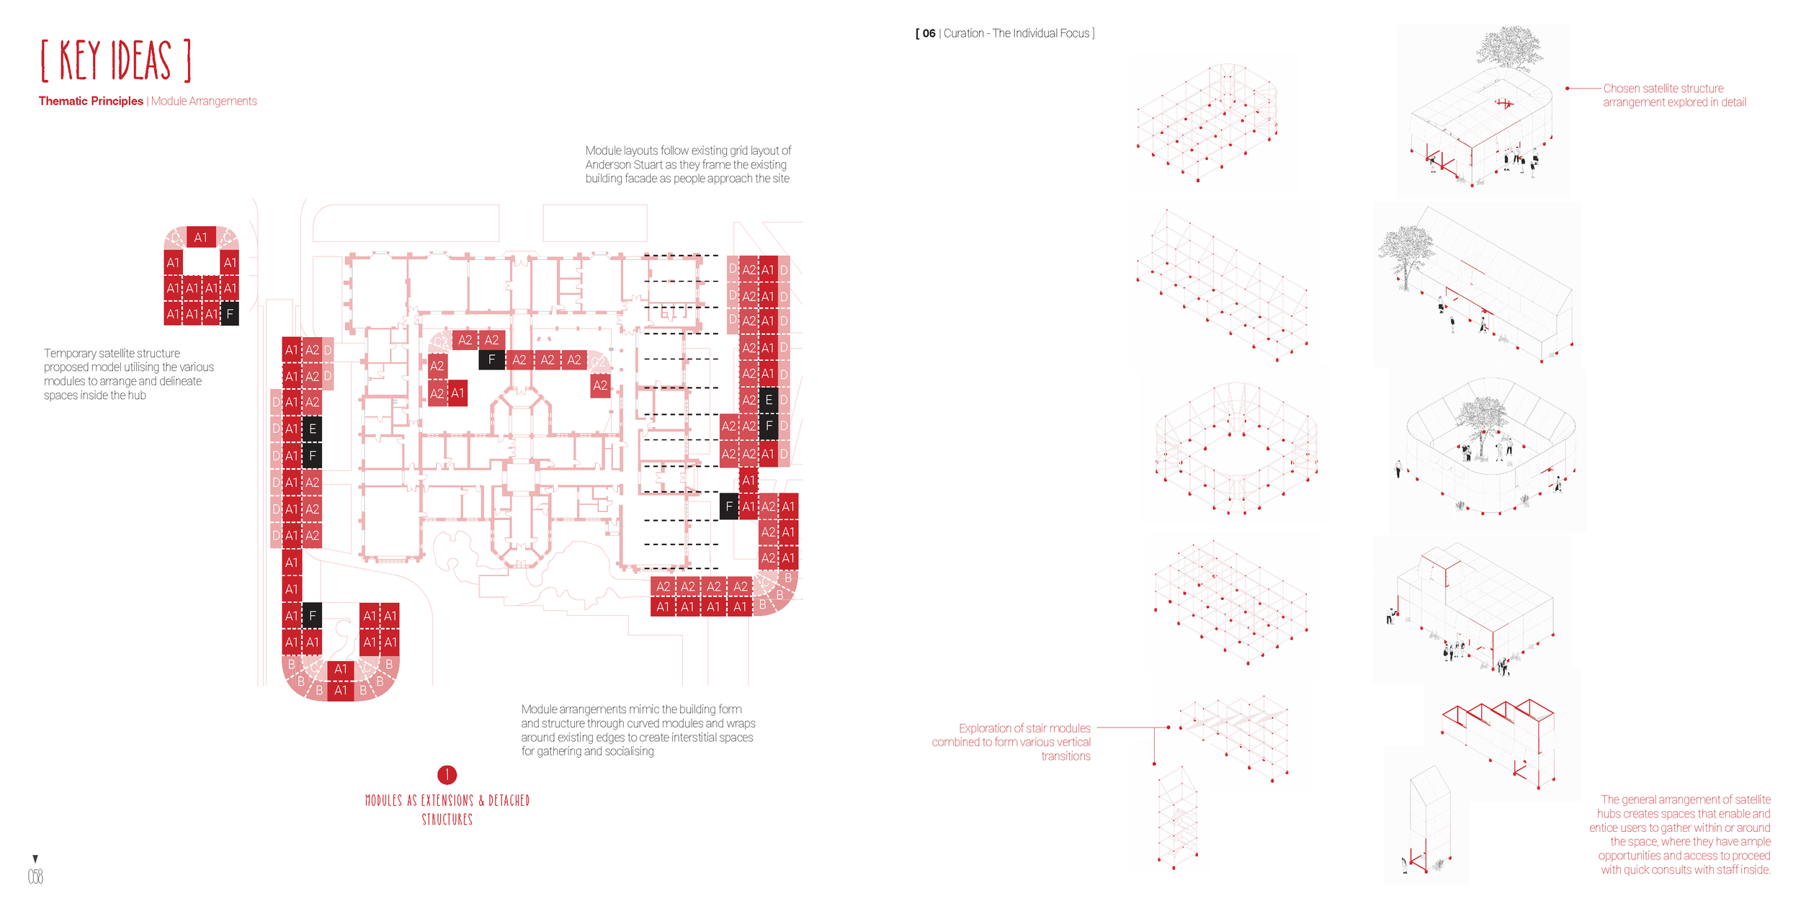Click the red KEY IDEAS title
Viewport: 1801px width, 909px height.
pos(116,61)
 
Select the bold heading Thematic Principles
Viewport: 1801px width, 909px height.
pos(91,102)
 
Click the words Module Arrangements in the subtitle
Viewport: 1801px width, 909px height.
pos(204,102)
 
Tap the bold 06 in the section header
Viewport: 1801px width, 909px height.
pos(929,34)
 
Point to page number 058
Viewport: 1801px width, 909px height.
pos(35,877)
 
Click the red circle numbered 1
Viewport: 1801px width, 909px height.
pos(447,775)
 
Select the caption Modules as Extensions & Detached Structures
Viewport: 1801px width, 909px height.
pos(447,810)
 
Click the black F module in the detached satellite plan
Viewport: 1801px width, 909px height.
pos(230,314)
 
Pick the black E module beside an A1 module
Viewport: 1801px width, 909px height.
pos(312,429)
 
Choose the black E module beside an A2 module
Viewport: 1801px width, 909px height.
pos(769,400)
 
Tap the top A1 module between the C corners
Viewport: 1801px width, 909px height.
pos(201,238)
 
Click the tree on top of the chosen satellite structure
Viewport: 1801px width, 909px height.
pos(1509,49)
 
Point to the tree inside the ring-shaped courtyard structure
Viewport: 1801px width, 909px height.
pos(1481,418)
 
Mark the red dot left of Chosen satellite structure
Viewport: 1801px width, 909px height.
pos(1568,89)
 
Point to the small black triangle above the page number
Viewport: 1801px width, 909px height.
pos(35,859)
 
